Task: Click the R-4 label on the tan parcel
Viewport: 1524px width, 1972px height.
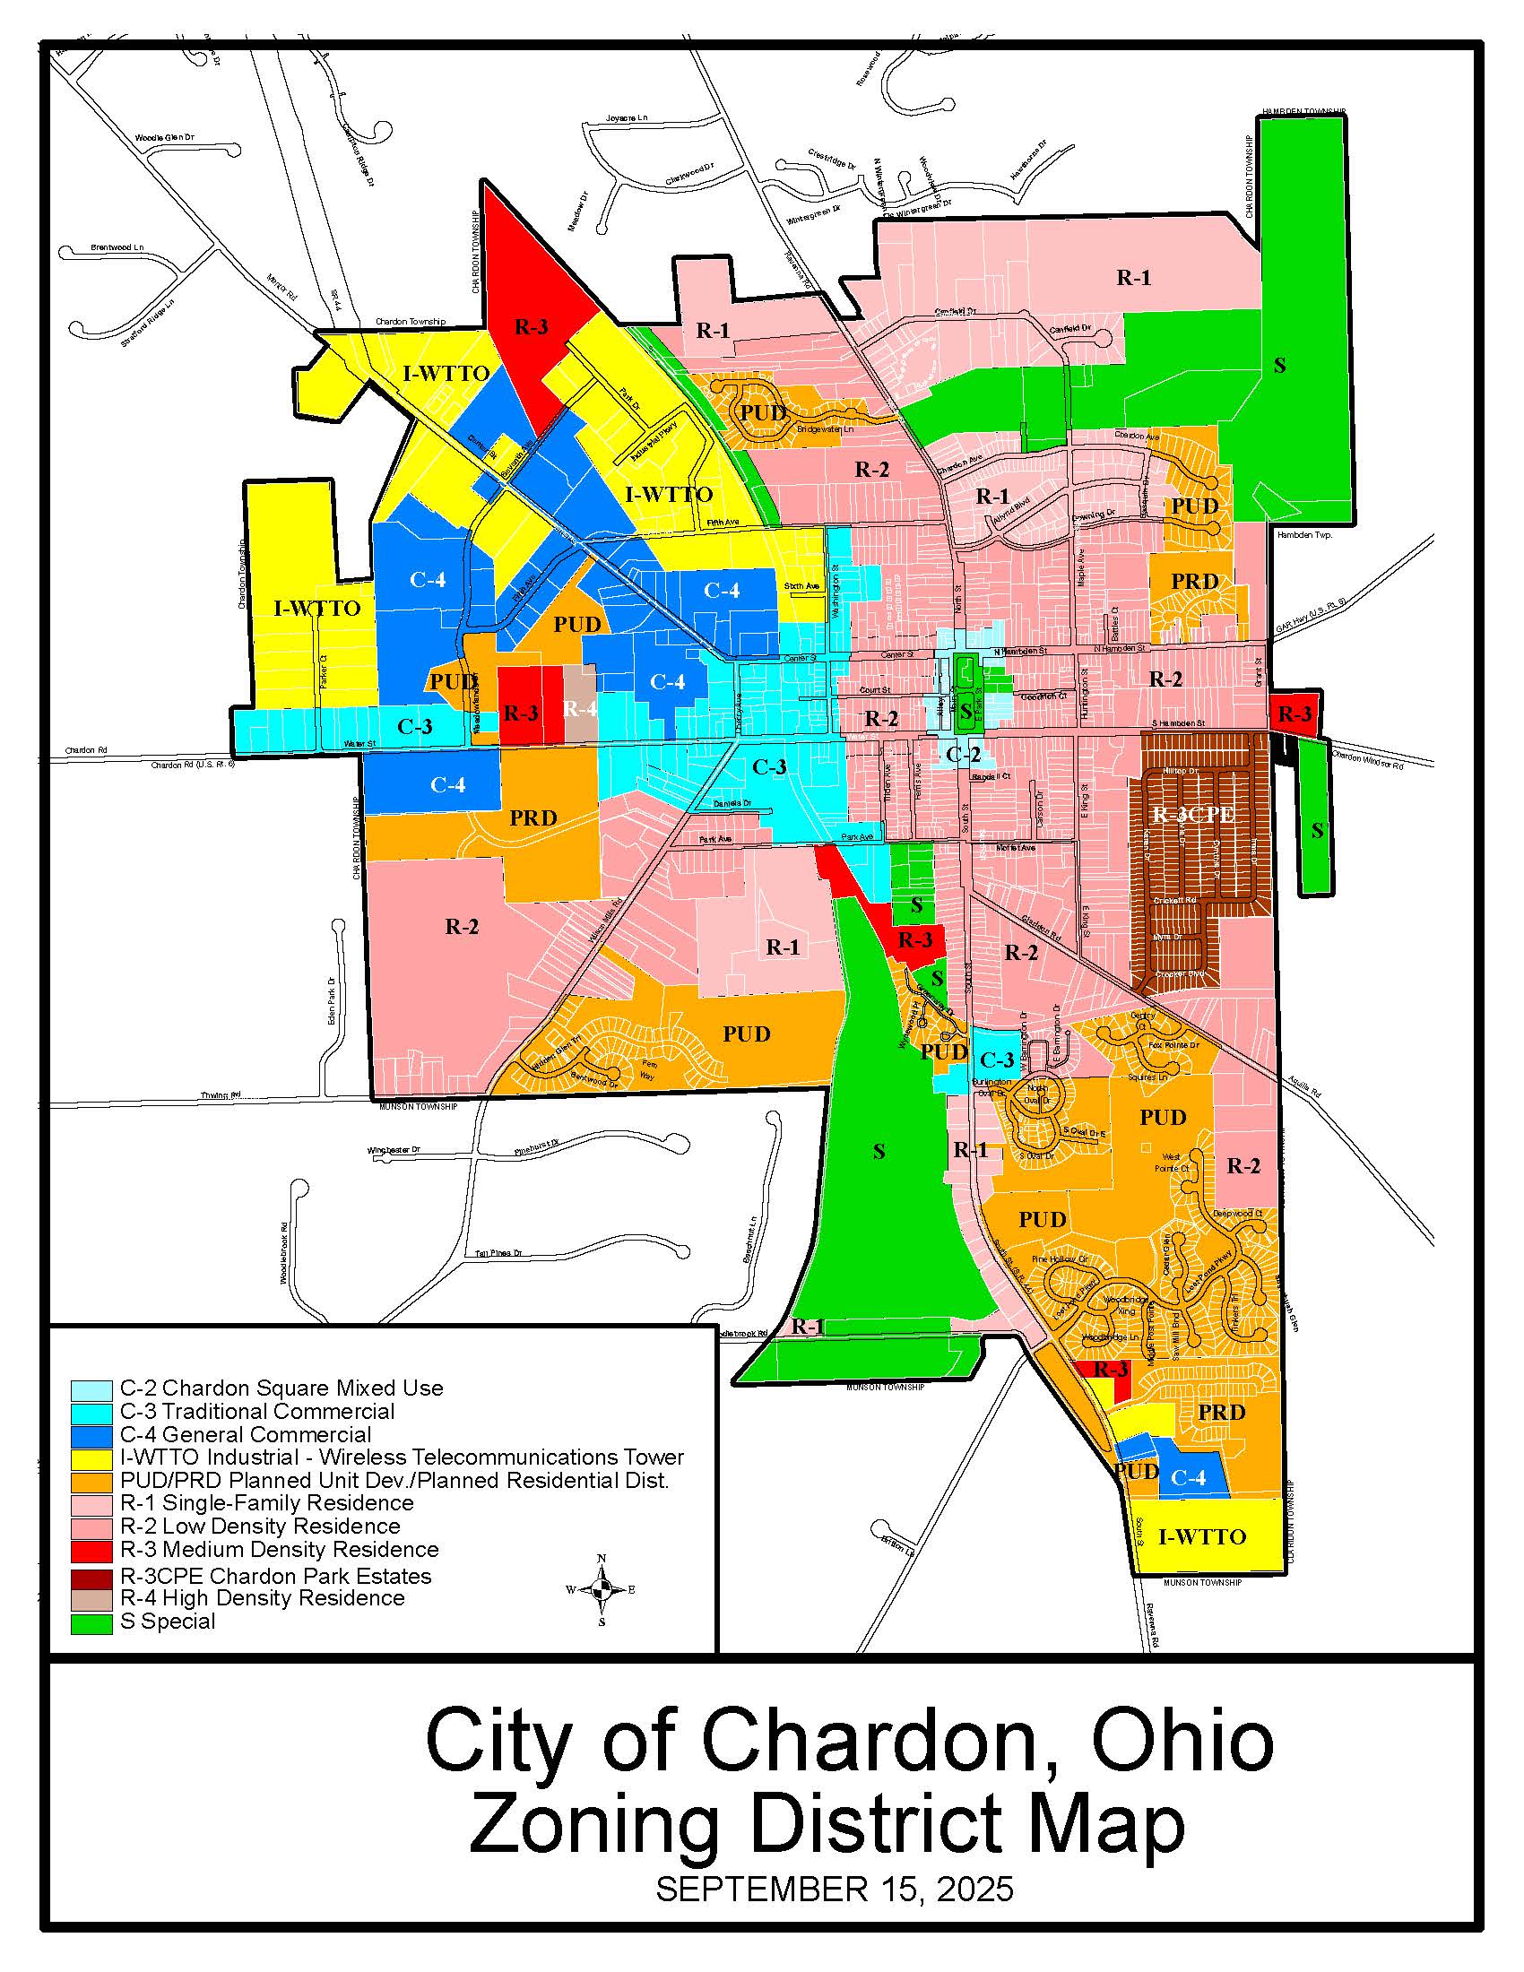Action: coord(580,709)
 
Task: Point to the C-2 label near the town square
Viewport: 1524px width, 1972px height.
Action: coord(963,753)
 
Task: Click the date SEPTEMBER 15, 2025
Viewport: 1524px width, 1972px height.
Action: coord(835,1889)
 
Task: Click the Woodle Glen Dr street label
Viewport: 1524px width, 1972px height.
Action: coord(164,138)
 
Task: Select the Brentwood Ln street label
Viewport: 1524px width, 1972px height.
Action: coord(117,246)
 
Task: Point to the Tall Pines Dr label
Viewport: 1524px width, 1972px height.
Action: coord(498,1253)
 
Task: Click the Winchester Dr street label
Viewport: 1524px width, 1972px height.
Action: coord(394,1150)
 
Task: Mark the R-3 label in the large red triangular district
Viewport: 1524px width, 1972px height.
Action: coord(531,327)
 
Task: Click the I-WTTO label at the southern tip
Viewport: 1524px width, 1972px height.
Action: coord(1201,1535)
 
